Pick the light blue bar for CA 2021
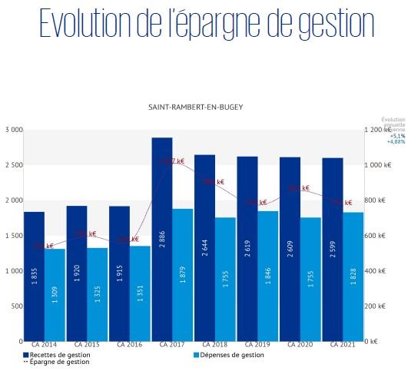point(353,276)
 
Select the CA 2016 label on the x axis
point(129,347)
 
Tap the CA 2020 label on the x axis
point(300,347)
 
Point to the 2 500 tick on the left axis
point(13,165)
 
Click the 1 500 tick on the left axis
point(13,236)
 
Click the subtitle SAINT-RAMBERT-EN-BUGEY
point(195,108)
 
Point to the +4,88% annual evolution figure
point(395,142)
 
